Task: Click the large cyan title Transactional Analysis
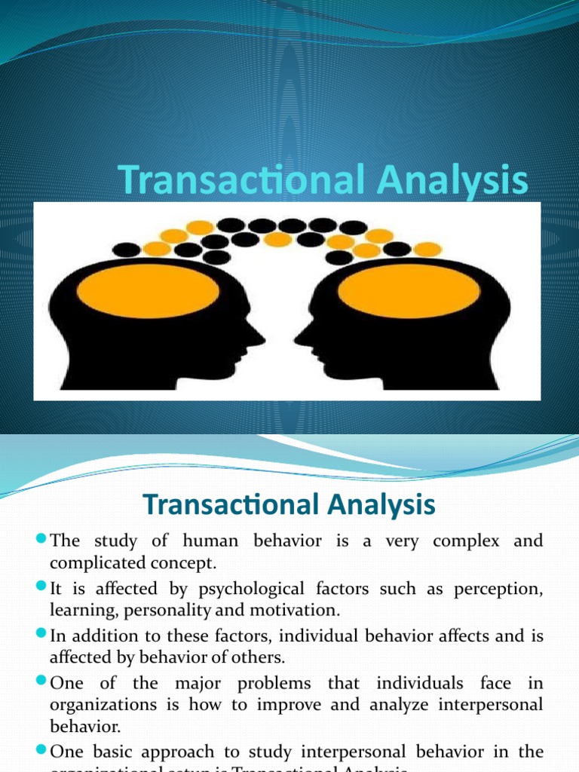[x=323, y=182]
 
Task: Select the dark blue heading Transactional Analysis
[x=289, y=504]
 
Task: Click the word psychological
[x=201, y=589]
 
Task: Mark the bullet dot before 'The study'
[x=41, y=541]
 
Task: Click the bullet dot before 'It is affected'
[x=41, y=588]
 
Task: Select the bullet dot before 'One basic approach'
[x=41, y=751]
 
